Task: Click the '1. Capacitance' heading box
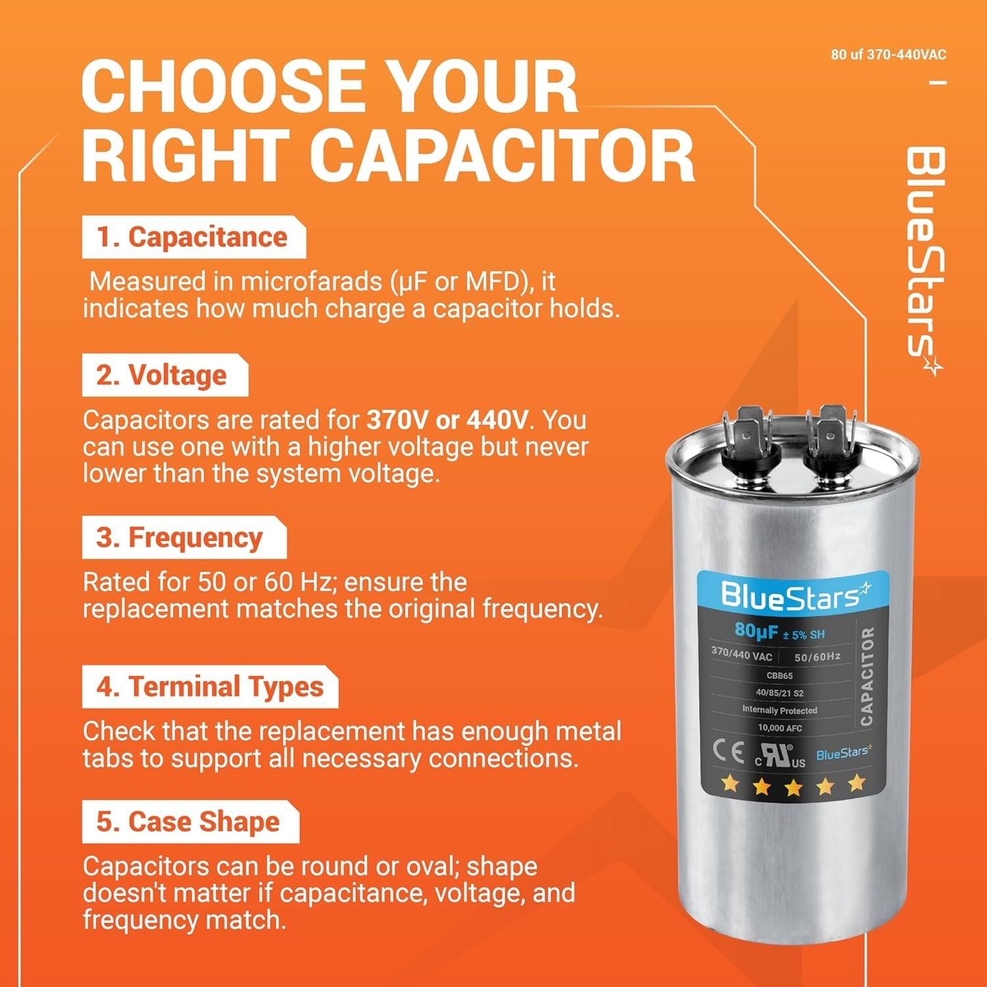click(193, 238)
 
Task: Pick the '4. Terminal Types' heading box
click(210, 687)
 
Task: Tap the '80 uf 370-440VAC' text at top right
click(888, 55)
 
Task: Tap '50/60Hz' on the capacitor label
click(817, 657)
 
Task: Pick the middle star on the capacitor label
click(793, 786)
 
